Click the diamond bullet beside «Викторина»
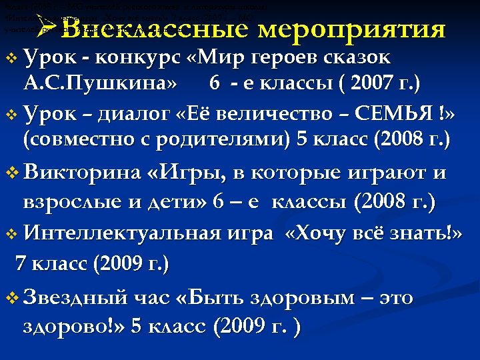(11, 176)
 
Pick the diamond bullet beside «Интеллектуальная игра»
(11, 235)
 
